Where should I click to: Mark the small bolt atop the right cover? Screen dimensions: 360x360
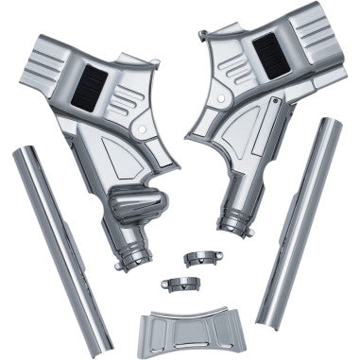(204, 36)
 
